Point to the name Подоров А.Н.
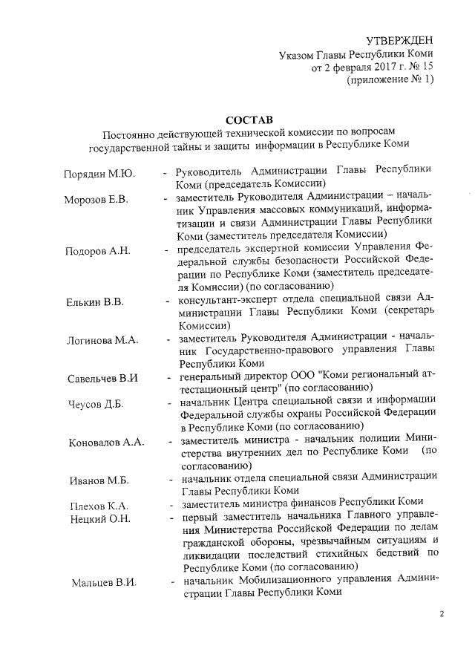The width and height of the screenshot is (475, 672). [97, 251]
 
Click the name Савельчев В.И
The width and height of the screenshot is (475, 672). [103, 379]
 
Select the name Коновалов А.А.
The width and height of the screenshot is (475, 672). [105, 443]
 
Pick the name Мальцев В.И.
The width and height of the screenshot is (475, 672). [104, 582]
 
